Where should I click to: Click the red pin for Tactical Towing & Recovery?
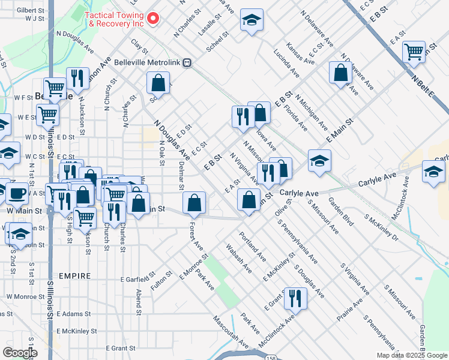coord(152,18)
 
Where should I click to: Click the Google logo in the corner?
coord(20,353)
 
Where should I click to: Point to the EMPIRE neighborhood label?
coord(75,276)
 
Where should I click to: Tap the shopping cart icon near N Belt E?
coord(414,53)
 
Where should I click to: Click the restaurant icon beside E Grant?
coord(295,298)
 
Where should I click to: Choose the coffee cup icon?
coord(17,193)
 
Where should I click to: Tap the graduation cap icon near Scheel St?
coord(252,20)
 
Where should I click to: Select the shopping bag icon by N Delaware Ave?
coord(340,73)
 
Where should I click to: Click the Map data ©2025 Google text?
coord(412,355)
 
